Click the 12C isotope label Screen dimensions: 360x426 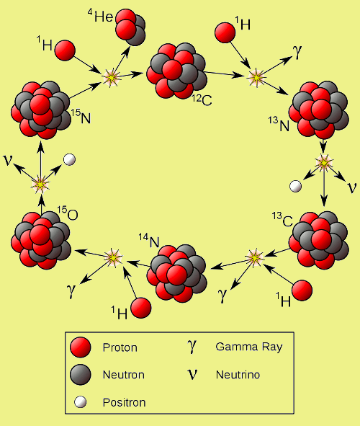click(202, 99)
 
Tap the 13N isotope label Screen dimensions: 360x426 click(279, 125)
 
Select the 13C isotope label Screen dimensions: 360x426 click(282, 220)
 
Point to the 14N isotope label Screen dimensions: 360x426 click(149, 241)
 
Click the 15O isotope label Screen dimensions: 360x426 click(68, 213)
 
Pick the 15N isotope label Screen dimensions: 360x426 click(81, 117)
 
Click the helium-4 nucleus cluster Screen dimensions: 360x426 click(130, 27)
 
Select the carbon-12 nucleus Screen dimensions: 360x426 click(176, 71)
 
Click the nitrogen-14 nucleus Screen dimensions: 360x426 click(176, 273)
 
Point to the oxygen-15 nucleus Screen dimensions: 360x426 click(41, 241)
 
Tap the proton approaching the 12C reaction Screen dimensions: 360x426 click(225, 32)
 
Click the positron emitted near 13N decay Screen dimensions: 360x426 click(295, 187)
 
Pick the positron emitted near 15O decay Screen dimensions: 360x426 click(69, 160)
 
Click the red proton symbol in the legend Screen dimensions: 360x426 click(80, 347)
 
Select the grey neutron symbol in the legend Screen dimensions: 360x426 click(80, 375)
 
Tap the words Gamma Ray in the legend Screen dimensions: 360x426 click(249, 347)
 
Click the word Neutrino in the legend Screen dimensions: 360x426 click(238, 375)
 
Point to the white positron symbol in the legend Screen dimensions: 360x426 click(81, 402)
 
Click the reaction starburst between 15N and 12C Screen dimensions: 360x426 click(111, 78)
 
